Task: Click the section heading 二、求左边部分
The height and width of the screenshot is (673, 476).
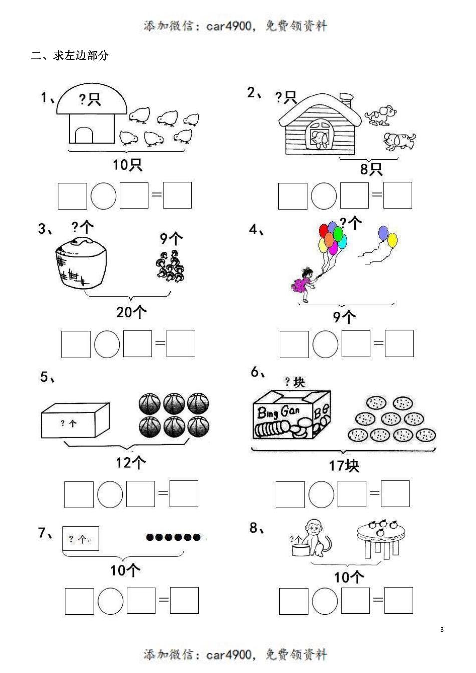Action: [x=70, y=56]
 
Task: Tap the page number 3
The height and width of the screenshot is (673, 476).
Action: [x=442, y=629]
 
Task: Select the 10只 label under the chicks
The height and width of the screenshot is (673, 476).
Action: [x=127, y=164]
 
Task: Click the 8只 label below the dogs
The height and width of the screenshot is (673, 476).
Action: [x=371, y=169]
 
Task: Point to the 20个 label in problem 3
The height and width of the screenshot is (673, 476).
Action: [x=132, y=312]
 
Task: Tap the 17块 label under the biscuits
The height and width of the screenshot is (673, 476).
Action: [x=344, y=466]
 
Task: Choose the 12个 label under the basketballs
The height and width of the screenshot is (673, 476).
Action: [x=131, y=462]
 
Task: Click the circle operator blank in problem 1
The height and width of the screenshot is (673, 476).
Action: [x=104, y=196]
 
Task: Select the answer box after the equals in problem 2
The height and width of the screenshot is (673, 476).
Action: [x=398, y=195]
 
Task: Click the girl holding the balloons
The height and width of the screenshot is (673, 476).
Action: [x=305, y=283]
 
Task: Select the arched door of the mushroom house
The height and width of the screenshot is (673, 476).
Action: [x=84, y=135]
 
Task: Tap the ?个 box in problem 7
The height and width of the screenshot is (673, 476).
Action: [x=81, y=539]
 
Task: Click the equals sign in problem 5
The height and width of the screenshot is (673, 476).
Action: [x=163, y=493]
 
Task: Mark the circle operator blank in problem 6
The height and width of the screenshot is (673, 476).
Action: [x=321, y=494]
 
